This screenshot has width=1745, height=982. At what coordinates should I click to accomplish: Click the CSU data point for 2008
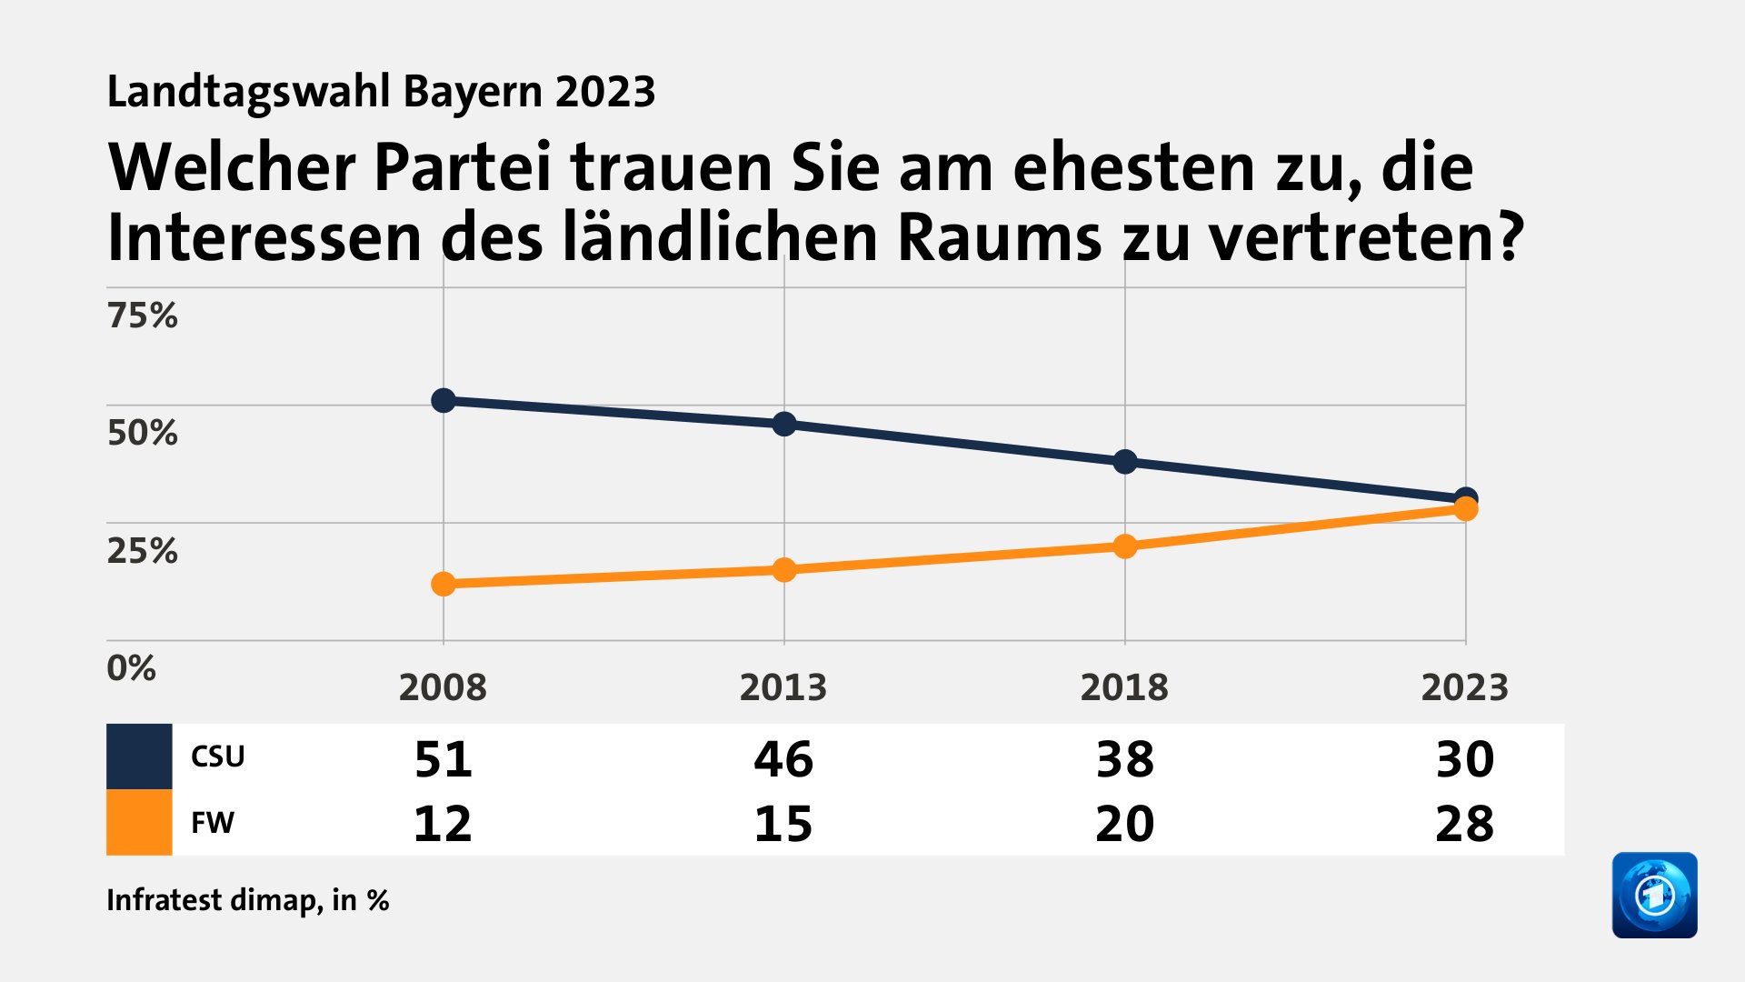pos(443,400)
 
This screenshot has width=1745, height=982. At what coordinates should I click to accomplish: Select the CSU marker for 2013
pos(783,424)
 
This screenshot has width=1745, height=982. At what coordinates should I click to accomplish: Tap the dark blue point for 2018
pos(1124,462)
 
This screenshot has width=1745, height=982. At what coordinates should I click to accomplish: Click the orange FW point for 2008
pos(443,584)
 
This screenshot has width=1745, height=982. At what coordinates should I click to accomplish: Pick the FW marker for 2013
pos(783,570)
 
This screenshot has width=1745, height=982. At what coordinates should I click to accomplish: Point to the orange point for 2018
pos(1124,546)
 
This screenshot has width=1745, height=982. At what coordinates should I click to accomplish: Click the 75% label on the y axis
pos(142,316)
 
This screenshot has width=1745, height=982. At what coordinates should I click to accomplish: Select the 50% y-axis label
pos(142,433)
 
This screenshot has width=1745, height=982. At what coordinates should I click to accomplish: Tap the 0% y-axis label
pos(131,668)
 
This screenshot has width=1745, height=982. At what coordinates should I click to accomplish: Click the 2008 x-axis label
pos(443,687)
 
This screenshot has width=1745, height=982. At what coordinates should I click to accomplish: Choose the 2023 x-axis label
pos(1464,687)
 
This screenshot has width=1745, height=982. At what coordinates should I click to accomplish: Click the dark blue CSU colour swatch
pos(139,757)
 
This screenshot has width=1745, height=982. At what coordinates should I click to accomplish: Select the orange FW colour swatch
pos(139,822)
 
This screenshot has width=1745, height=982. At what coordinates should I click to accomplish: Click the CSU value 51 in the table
pos(443,758)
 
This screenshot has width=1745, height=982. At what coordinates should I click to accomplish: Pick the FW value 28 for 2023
pos(1464,824)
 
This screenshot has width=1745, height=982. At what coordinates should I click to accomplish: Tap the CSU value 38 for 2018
pos(1124,758)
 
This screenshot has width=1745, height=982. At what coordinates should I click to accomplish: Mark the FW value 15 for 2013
pos(783,824)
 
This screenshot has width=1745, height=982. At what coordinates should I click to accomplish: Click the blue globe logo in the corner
pos(1654,895)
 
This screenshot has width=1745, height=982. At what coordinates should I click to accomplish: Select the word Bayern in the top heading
pos(473,92)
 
